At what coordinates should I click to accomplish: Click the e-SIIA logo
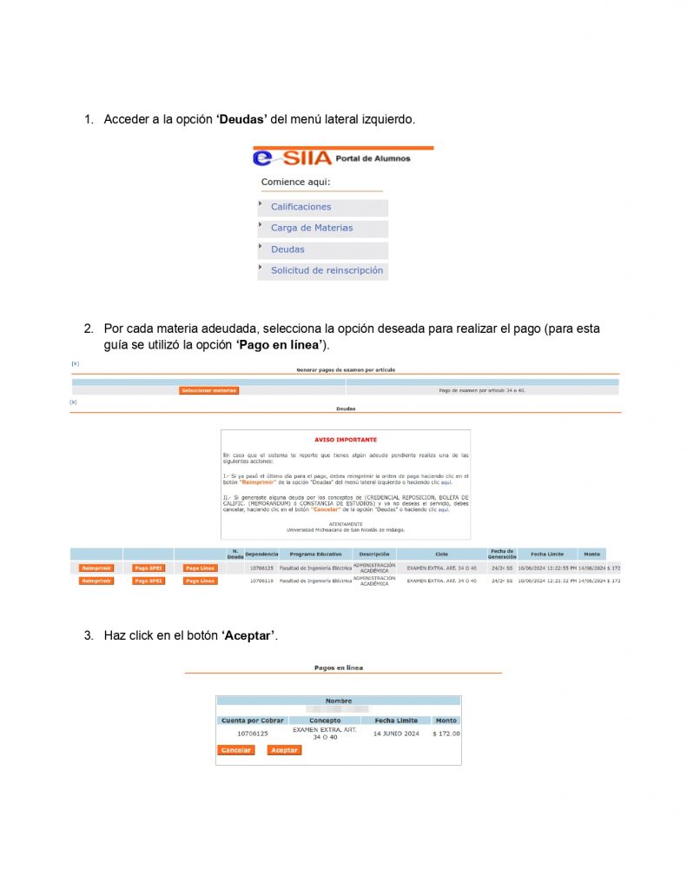point(293,158)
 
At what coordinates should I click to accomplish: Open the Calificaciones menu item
point(301,207)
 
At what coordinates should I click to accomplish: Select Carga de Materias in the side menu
point(312,228)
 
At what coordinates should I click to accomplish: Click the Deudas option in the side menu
point(287,249)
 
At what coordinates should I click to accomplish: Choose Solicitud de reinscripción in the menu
point(327,270)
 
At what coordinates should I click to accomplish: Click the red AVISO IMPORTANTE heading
point(346,440)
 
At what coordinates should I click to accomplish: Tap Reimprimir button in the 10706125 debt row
point(96,568)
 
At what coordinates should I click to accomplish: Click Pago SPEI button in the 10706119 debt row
point(149,581)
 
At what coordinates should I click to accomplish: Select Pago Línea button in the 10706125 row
point(200,568)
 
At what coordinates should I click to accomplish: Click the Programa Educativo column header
point(315,554)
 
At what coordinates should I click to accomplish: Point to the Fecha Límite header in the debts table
point(547,554)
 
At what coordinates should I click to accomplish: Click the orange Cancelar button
point(235,750)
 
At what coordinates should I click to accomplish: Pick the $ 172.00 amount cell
point(446,734)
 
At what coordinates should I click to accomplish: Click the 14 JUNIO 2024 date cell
point(396,734)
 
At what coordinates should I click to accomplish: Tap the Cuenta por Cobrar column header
point(252,721)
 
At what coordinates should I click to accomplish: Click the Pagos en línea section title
point(339,667)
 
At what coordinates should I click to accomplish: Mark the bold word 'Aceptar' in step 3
point(249,635)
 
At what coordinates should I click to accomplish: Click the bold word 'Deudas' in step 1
point(242,118)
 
